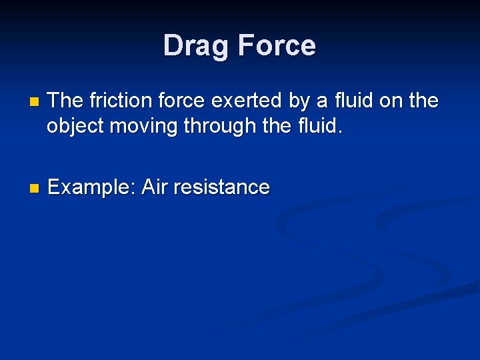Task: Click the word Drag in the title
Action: click(197, 46)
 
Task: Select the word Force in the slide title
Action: click(276, 46)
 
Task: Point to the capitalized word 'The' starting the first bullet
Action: click(65, 101)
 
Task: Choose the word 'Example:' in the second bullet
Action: click(92, 188)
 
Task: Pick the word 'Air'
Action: click(155, 187)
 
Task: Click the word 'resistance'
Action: click(221, 187)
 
